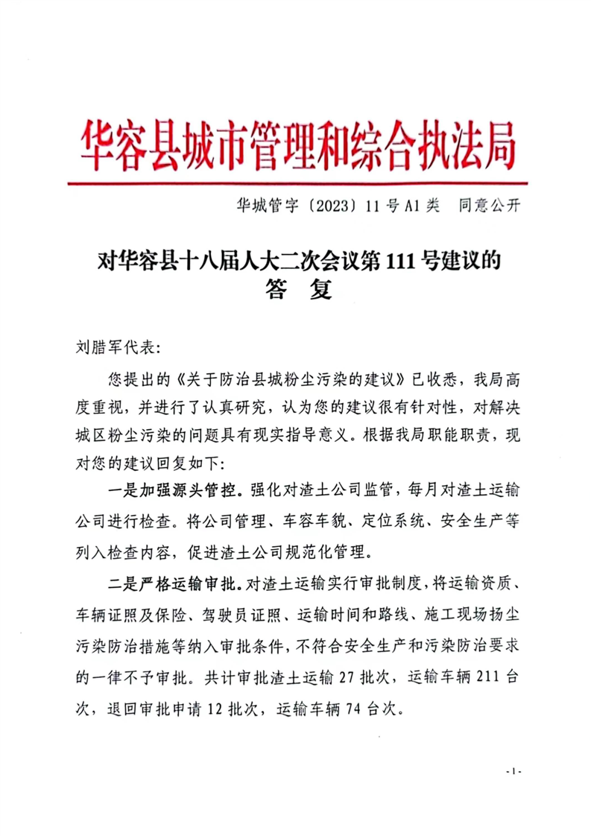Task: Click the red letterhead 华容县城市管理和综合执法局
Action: click(x=297, y=144)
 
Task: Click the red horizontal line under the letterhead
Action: click(x=297, y=181)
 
